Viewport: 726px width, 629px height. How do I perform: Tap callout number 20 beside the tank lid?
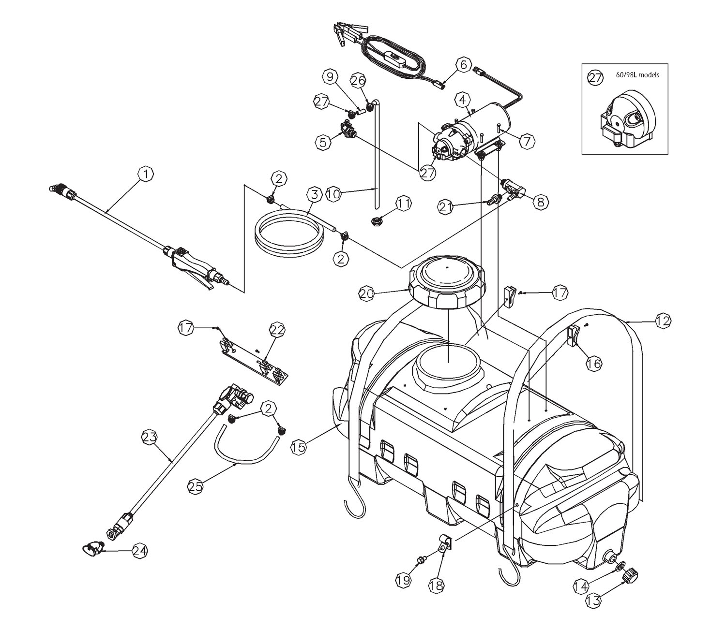(366, 294)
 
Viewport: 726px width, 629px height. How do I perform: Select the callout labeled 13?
(593, 600)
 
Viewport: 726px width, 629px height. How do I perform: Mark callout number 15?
(299, 447)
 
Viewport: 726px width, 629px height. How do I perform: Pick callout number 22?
(277, 330)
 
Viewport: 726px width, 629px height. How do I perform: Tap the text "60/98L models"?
(637, 75)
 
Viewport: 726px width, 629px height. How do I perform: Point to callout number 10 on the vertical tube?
(333, 194)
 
